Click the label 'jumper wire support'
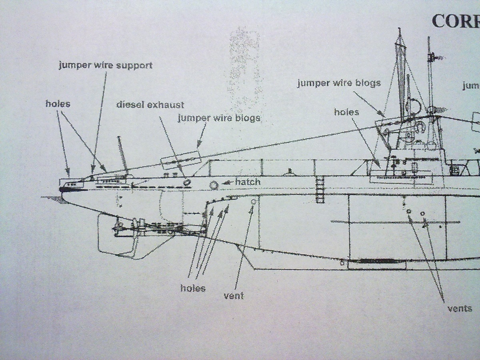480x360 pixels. pyautogui.click(x=106, y=65)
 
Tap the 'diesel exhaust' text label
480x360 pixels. pyautogui.click(x=150, y=105)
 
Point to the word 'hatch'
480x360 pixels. pyautogui.click(x=248, y=182)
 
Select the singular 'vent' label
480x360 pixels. pyautogui.click(x=234, y=296)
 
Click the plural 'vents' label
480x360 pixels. pyautogui.click(x=460, y=308)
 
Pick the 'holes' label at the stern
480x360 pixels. pyautogui.click(x=58, y=104)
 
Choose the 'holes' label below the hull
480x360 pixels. pyautogui.click(x=193, y=288)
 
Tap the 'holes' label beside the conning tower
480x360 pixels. pyautogui.click(x=346, y=112)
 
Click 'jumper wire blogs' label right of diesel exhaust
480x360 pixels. pyautogui.click(x=219, y=118)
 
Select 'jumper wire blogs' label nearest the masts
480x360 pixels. pyautogui.click(x=338, y=83)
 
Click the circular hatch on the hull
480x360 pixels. pyautogui.click(x=214, y=185)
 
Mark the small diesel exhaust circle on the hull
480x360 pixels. pyautogui.click(x=186, y=182)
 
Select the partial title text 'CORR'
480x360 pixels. pyautogui.click(x=455, y=21)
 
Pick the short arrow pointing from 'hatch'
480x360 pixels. pyautogui.click(x=228, y=182)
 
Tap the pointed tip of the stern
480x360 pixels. pyautogui.click(x=61, y=189)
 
